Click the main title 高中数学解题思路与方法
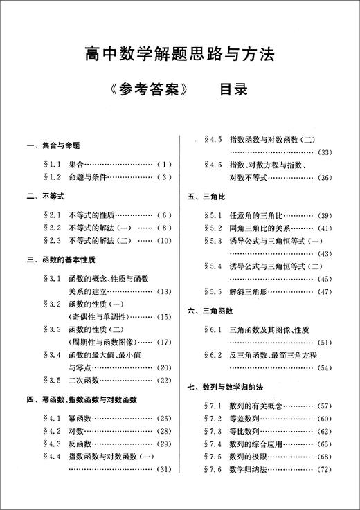(180, 52)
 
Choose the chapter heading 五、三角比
(208, 197)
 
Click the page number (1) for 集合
(162, 165)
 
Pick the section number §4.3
(53, 443)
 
